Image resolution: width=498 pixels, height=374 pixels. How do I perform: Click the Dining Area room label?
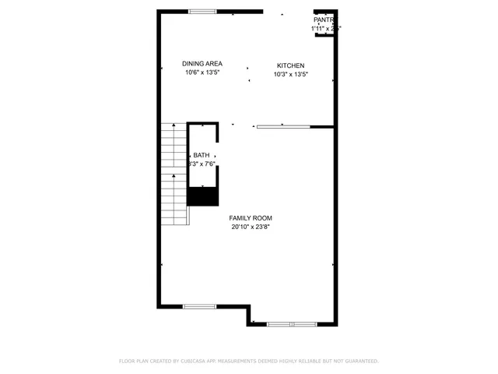[202, 64]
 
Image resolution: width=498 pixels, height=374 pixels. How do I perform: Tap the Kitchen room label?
[291, 65]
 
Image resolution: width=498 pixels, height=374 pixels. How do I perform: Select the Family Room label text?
[251, 218]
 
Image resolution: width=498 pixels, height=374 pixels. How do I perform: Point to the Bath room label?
[202, 155]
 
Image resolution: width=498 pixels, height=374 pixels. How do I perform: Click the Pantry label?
[324, 19]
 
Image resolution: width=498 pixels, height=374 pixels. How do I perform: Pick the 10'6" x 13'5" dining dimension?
[202, 73]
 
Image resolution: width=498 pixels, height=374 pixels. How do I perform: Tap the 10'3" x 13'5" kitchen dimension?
[291, 75]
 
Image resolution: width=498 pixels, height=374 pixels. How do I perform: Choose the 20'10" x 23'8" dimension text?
[251, 228]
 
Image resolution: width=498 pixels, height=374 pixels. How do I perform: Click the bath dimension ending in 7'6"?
[202, 164]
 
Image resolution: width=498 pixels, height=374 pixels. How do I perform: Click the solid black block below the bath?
[203, 196]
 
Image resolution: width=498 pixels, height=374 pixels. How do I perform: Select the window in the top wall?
[202, 11]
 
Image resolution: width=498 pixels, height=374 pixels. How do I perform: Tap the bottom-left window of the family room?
[199, 306]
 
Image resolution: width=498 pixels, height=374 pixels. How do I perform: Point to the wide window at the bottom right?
[291, 323]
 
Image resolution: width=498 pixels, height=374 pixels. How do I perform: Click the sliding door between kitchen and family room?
[283, 126]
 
